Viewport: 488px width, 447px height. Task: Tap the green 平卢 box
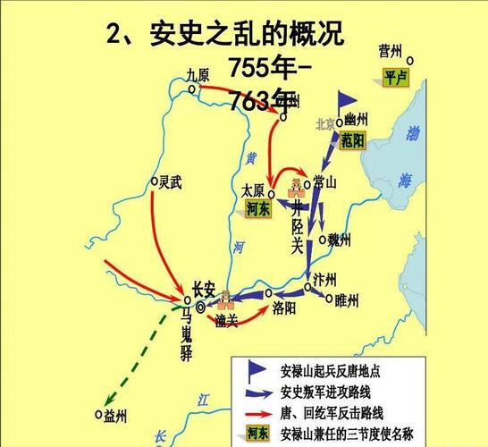click(395, 78)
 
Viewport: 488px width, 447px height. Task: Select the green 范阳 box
click(353, 139)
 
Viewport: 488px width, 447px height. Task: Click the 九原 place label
click(198, 76)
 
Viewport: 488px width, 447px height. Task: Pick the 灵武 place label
click(171, 181)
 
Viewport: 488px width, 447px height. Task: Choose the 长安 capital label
click(204, 288)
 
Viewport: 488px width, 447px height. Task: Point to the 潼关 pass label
click(227, 320)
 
